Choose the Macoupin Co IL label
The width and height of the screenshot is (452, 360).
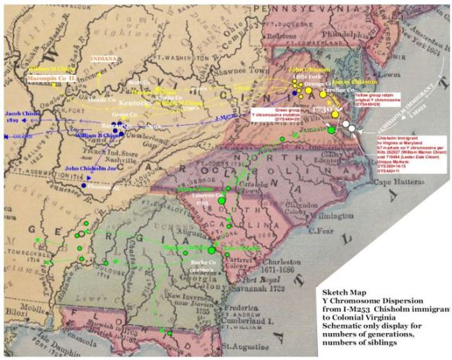pyautogui.click(x=52, y=77)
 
